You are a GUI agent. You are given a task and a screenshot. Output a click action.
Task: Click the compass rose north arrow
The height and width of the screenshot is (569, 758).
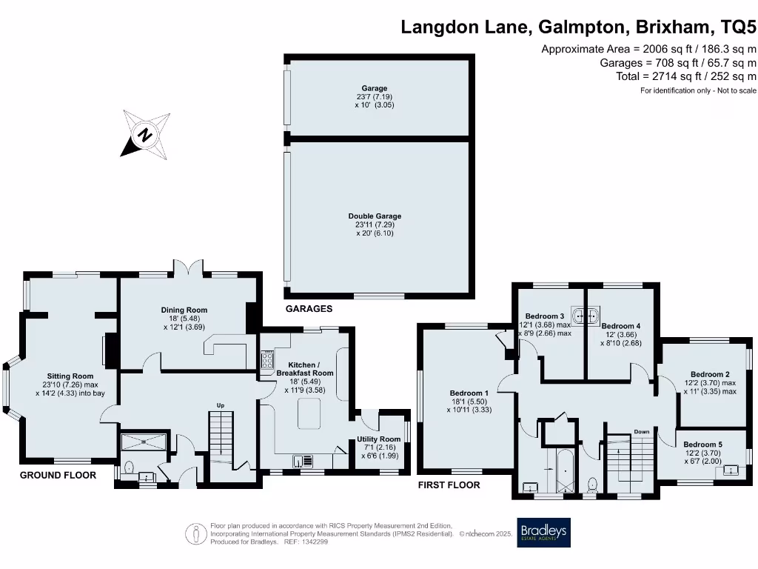pos(145,135)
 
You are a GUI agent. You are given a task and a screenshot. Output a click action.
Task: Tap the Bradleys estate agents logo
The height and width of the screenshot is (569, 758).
pos(544,532)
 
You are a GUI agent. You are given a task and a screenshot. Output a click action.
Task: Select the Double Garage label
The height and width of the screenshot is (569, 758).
pos(375,216)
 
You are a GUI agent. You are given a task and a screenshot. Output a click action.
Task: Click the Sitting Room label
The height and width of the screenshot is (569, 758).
pos(70,376)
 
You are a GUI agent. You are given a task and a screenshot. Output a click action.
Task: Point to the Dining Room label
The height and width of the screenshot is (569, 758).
pos(184,310)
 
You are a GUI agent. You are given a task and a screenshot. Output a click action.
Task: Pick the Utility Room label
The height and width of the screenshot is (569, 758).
pos(380,439)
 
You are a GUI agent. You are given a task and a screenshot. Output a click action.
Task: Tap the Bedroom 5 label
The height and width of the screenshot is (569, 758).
pos(702,444)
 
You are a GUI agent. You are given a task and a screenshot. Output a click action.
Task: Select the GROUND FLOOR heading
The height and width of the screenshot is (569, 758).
pos(58,475)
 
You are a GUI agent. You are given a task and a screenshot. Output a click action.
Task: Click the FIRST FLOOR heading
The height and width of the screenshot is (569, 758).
pos(449,485)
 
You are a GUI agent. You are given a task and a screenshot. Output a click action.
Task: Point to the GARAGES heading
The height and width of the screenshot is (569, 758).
pos(309,309)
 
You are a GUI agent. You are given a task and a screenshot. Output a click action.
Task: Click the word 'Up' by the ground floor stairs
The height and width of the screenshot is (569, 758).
pos(220,405)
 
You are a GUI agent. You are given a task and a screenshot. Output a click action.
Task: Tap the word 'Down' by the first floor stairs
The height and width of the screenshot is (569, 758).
pos(642,431)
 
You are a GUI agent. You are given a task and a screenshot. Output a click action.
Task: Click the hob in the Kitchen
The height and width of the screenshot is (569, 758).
pos(266,360)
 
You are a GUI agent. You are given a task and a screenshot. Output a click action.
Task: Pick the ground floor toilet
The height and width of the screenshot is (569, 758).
pos(129,468)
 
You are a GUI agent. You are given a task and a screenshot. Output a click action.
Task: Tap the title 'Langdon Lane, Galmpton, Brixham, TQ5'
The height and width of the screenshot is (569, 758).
pos(578,27)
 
